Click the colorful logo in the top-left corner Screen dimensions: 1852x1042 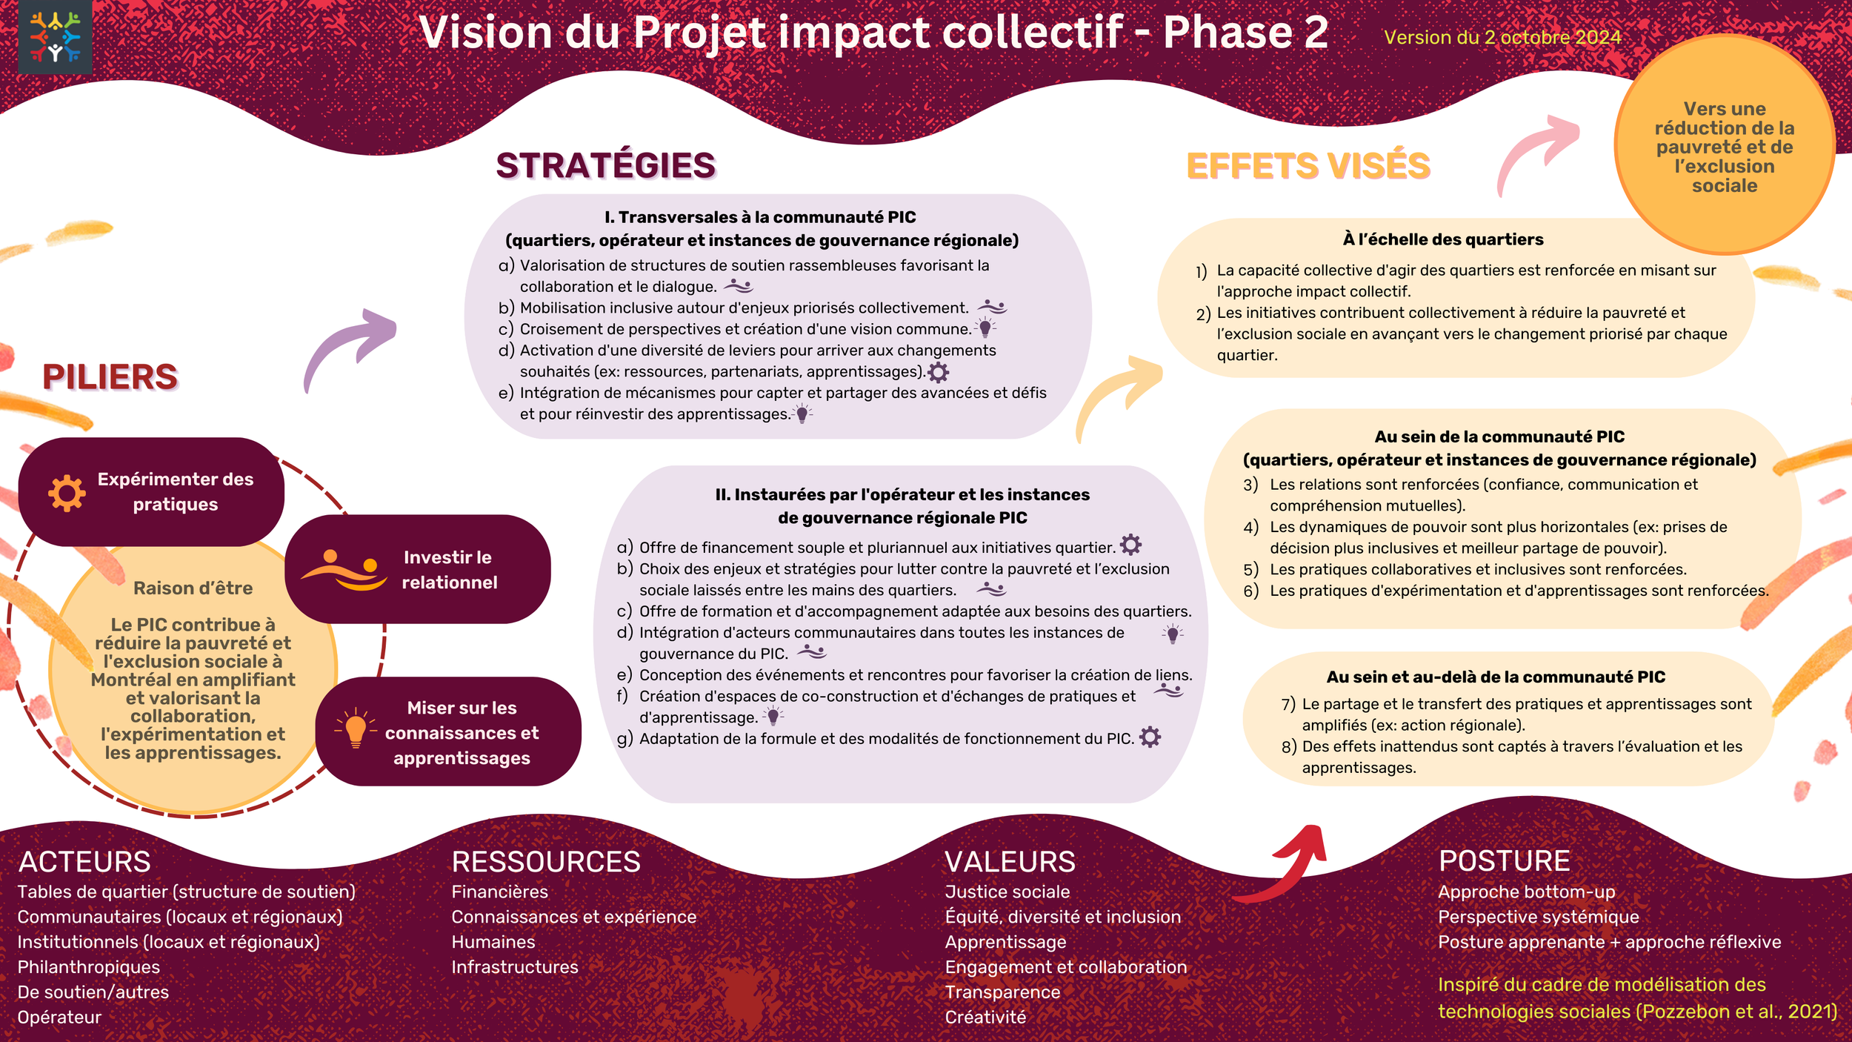pos(55,36)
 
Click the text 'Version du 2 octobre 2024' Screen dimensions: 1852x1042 pos(1502,37)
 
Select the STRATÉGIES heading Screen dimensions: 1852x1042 pos(605,165)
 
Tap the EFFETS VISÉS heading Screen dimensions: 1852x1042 pos(1308,165)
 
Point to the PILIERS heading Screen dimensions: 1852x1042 pos(110,376)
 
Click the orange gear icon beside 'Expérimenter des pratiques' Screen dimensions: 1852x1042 pos(67,493)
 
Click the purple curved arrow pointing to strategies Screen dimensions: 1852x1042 pos(350,347)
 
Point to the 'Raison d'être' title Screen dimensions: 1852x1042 pos(193,588)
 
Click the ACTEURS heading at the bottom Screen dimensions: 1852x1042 pos(84,862)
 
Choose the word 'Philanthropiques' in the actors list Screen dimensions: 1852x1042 pos(89,967)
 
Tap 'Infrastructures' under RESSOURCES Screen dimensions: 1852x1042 pos(515,967)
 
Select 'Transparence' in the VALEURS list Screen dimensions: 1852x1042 pos(1002,992)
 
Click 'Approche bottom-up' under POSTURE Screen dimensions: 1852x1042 pos(1526,892)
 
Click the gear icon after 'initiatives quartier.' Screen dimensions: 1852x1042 pos(1130,545)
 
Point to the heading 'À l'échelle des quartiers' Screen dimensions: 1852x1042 pos(1443,239)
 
